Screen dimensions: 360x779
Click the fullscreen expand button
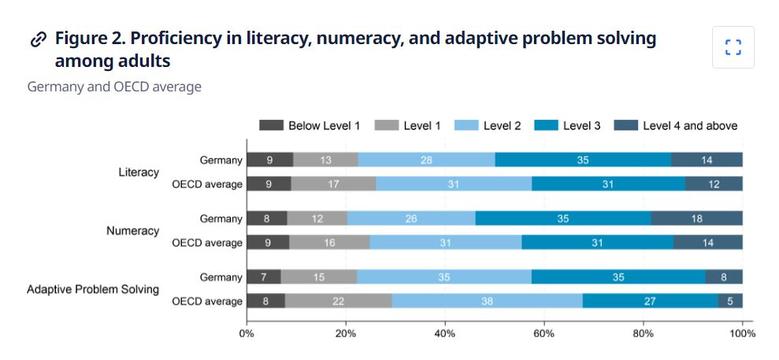tap(733, 47)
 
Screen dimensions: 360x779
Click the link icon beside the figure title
tap(38, 39)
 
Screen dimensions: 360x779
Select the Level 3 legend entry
tap(567, 125)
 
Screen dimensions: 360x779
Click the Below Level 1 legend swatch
tap(271, 125)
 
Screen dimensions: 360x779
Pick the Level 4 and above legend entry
tap(676, 125)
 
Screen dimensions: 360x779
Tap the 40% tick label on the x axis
tap(445, 333)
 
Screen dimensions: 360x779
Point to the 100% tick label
tap(741, 333)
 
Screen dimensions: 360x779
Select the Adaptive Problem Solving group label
tap(93, 289)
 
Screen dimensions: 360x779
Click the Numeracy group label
tap(132, 231)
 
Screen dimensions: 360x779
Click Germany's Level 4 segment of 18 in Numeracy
tap(696, 218)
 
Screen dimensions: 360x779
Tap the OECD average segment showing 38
tap(487, 301)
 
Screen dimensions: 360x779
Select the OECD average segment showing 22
tap(338, 301)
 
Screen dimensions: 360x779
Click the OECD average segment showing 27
tap(650, 301)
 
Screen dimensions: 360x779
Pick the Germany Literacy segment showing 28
tap(426, 160)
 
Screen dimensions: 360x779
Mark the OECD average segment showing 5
tap(730, 301)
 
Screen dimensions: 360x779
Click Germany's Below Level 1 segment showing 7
tap(263, 277)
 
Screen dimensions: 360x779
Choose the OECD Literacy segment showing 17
tap(333, 184)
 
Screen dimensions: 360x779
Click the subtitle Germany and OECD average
tap(114, 87)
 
